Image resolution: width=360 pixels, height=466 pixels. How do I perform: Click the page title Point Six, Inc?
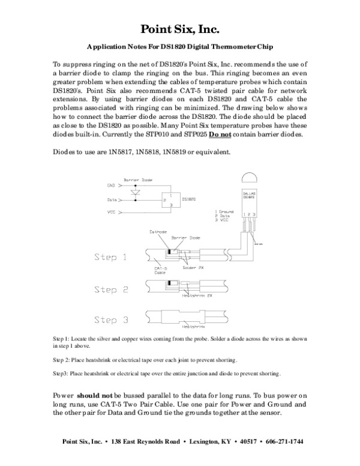[180, 29]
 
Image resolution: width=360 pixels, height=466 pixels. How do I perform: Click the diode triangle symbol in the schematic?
[135, 193]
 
